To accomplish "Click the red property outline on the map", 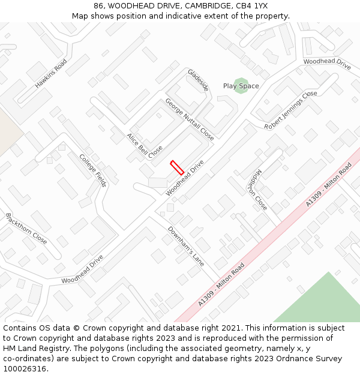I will coord(177,167).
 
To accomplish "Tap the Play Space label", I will coord(241,86).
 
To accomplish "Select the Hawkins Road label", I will coord(50,74).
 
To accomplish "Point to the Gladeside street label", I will coord(198,80).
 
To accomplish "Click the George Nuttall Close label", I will coord(190,119).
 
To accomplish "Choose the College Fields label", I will coord(93,170).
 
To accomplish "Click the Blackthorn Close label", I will coord(26,229).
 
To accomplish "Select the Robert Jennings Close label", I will coord(290,110).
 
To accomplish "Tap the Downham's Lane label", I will coord(186,245).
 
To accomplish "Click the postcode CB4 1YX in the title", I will coord(252,6).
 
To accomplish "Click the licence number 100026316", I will coord(25,368).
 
